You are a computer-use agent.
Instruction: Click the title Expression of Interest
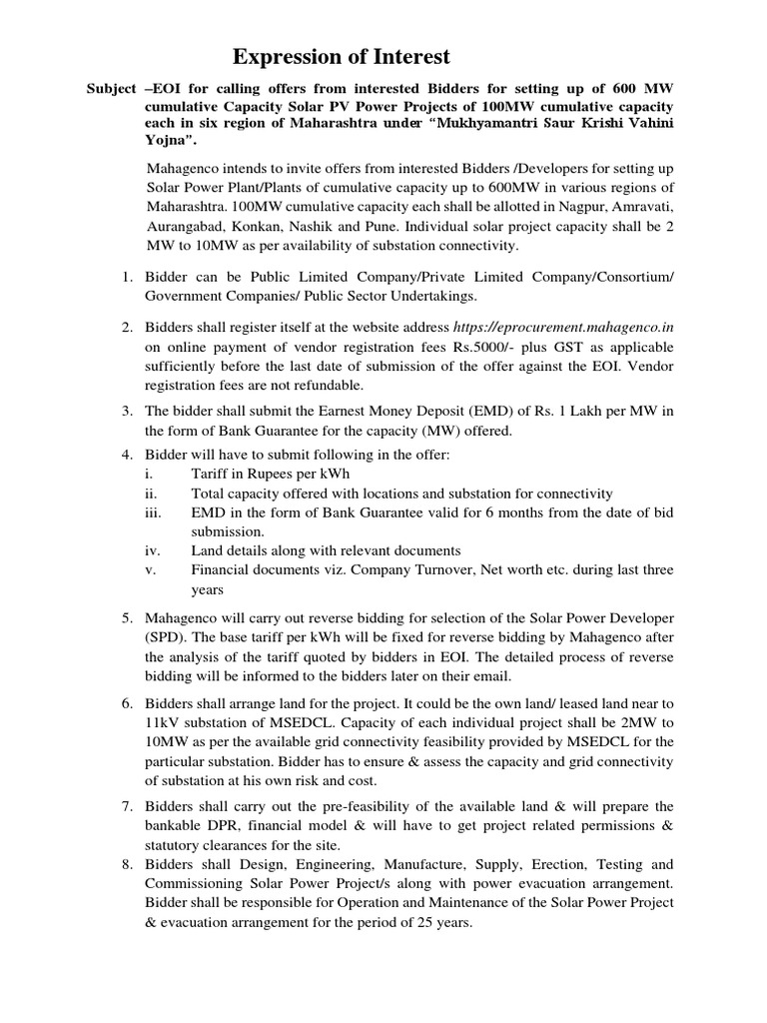click(342, 56)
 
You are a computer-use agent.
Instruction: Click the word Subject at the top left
click(109, 89)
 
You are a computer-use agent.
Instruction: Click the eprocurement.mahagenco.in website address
click(562, 327)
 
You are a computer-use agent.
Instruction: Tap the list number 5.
click(128, 617)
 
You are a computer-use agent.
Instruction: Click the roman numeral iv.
click(152, 550)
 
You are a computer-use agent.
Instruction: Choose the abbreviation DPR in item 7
click(229, 825)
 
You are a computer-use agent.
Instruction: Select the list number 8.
click(128, 864)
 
